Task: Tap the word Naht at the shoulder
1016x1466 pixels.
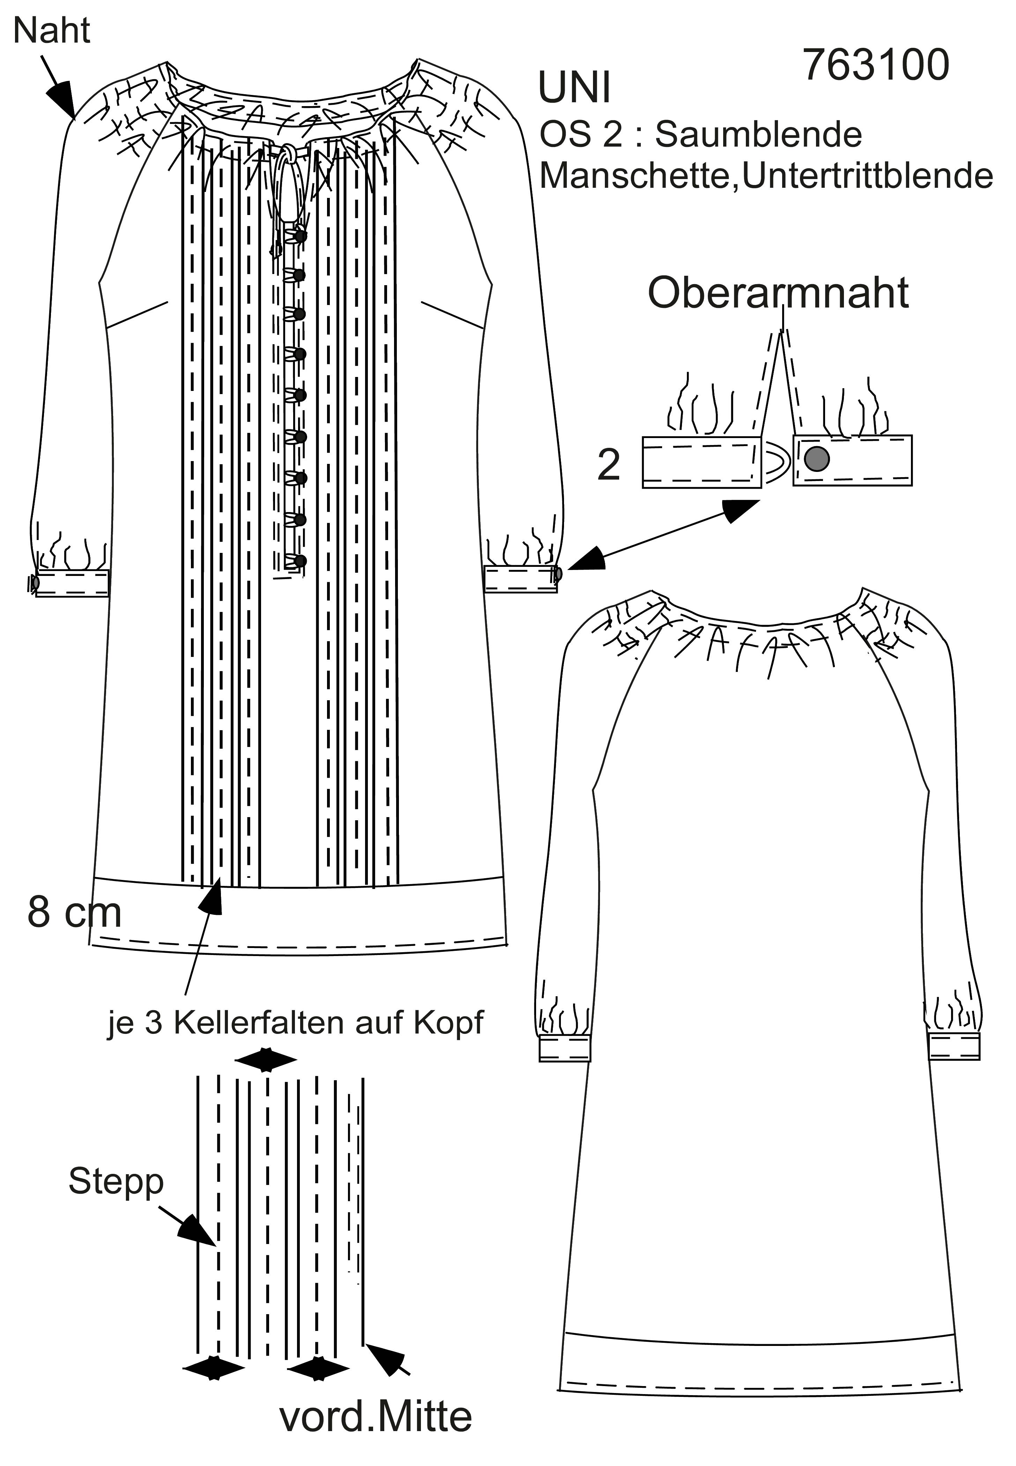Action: pyautogui.click(x=52, y=31)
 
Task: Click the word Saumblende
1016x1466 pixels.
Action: pyautogui.click(x=758, y=134)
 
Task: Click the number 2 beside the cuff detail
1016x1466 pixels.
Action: pyautogui.click(x=609, y=465)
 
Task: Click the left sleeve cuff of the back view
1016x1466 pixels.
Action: pyautogui.click(x=565, y=1047)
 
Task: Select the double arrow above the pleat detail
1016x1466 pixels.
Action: pyautogui.click(x=266, y=1060)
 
